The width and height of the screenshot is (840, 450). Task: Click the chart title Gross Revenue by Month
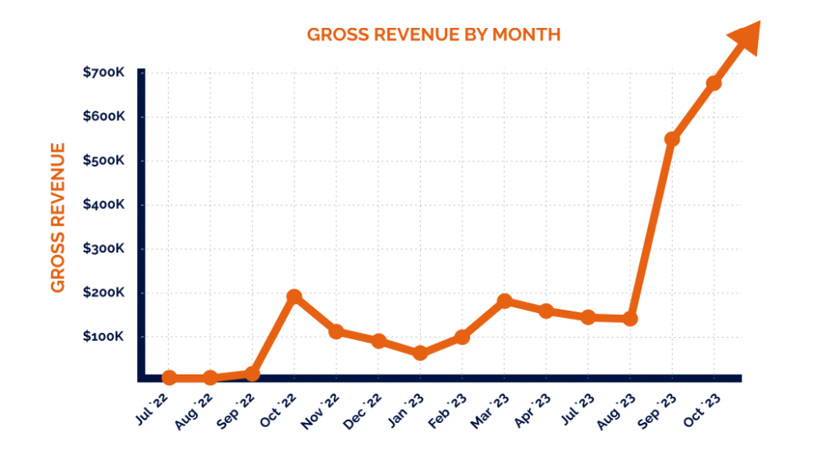pos(433,34)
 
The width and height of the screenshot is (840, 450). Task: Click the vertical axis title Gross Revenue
pos(57,217)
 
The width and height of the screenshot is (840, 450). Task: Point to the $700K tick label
pos(103,72)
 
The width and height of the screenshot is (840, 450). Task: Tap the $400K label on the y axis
pos(103,204)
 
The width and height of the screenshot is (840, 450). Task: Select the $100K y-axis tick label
pos(103,337)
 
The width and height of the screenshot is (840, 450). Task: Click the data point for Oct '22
pos(294,297)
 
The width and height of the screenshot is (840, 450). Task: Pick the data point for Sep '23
pos(672,139)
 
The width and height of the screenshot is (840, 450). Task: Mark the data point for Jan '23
pos(420,353)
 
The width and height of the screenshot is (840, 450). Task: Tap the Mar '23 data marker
pos(504,302)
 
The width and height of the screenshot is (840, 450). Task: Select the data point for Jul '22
pos(169,378)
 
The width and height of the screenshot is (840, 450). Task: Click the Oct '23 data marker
pos(714,84)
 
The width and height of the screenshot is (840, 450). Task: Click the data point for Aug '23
pos(630,318)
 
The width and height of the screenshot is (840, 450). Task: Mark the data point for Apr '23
pos(546,311)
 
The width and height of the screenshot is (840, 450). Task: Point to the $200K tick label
pos(103,293)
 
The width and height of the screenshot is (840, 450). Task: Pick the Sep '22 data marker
pos(253,374)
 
